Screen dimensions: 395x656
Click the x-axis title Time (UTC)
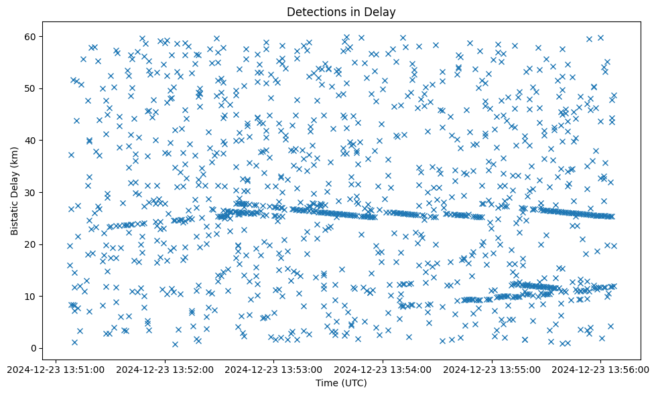point(341,383)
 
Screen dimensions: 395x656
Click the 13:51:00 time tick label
point(56,368)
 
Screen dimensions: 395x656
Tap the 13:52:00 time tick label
point(165,368)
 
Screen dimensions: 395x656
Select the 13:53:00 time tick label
point(274,368)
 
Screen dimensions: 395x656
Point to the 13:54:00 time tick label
point(383,368)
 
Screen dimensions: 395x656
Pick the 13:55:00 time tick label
point(492,368)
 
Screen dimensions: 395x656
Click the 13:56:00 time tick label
point(600,368)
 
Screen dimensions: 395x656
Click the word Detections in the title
point(314,11)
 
